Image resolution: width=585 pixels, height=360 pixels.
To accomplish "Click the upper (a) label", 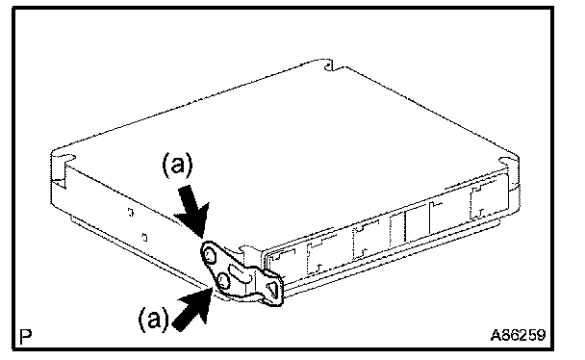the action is tap(178, 166).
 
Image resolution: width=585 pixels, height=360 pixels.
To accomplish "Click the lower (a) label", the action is tap(153, 319).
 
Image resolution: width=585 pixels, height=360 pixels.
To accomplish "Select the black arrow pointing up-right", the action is tap(192, 309).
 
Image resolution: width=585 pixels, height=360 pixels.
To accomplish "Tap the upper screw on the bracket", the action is tap(210, 255).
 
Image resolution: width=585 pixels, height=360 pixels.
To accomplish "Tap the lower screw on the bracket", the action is tap(224, 280).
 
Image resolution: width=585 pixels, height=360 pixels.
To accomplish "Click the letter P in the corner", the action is tap(26, 337).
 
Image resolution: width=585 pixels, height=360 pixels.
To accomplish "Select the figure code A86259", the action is tap(518, 335).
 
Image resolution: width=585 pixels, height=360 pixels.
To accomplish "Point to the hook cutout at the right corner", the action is tap(508, 161).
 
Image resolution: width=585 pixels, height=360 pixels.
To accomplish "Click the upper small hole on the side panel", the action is tap(130, 212).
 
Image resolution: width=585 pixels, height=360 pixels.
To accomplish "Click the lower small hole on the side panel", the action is tap(144, 237).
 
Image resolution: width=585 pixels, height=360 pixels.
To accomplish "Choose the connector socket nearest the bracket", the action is tap(284, 260).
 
